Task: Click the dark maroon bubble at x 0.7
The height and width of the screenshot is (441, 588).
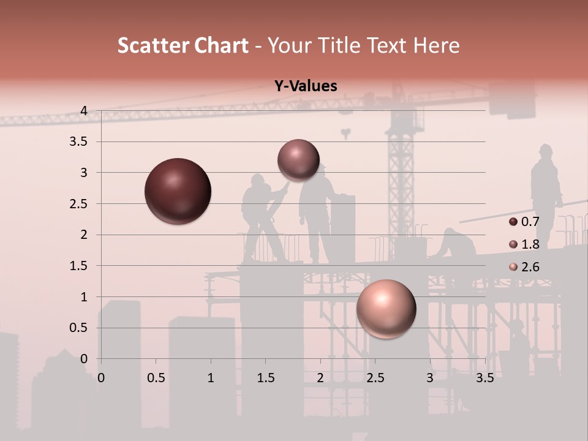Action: click(x=178, y=191)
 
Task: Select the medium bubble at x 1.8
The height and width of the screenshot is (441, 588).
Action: click(x=298, y=160)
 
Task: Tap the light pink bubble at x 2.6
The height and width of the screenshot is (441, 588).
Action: click(x=386, y=309)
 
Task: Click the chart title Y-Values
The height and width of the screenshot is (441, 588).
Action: click(x=305, y=86)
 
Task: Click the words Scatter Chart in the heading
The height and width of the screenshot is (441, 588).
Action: click(x=183, y=45)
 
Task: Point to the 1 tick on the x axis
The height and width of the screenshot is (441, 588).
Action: click(x=211, y=377)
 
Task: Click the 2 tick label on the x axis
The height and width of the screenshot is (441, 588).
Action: click(x=320, y=377)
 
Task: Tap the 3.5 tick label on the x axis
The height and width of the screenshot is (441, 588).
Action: click(x=484, y=377)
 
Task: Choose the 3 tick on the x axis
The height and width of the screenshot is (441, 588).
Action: click(x=430, y=377)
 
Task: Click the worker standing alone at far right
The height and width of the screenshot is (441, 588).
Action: click(x=545, y=190)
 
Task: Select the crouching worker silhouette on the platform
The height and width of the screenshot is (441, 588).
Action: click(x=455, y=244)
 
